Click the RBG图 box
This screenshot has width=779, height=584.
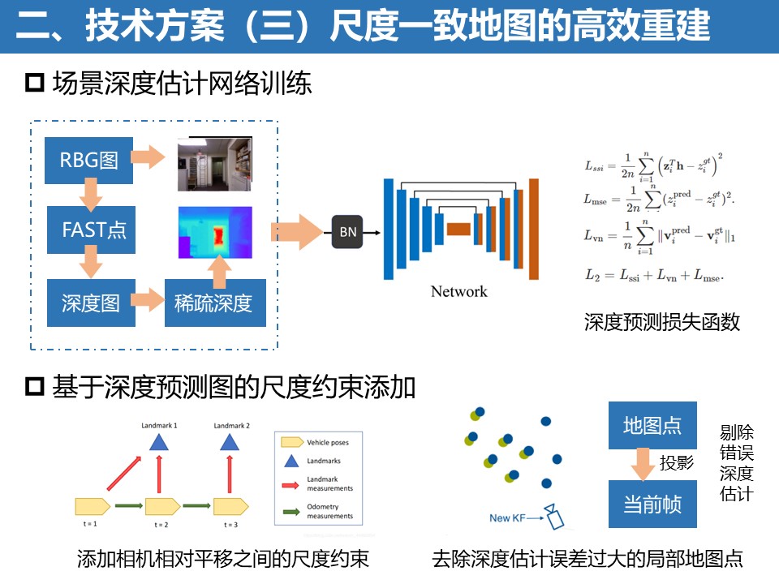89,159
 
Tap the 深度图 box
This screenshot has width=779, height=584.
90,303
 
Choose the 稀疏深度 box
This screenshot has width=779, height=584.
213,303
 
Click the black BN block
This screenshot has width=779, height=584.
347,233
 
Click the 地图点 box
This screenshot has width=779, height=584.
652,425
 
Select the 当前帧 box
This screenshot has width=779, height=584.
652,505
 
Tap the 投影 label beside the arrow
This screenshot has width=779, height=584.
677,464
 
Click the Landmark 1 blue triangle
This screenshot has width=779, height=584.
159,442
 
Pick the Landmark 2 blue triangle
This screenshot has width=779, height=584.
230,442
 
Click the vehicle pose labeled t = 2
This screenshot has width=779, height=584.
162,507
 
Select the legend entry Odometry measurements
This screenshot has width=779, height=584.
329,511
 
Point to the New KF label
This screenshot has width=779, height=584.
511,517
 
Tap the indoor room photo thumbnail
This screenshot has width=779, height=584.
215,164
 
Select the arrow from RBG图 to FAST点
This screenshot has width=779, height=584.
89,195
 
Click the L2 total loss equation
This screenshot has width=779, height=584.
653,275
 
